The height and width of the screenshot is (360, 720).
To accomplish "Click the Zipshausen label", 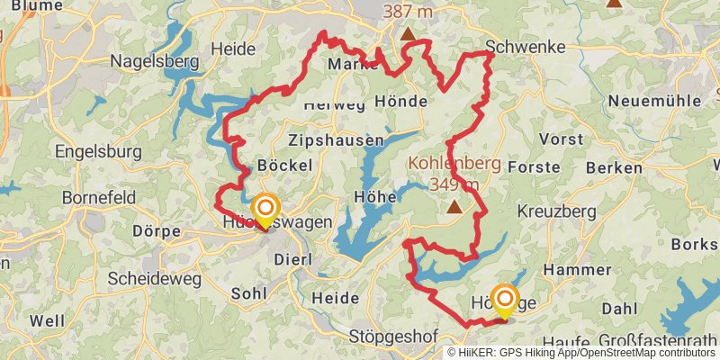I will click(x=336, y=141).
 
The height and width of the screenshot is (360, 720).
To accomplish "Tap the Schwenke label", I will click(x=525, y=47).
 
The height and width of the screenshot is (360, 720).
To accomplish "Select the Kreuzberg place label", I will click(x=557, y=211).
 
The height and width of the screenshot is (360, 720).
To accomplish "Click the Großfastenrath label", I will click(x=649, y=341).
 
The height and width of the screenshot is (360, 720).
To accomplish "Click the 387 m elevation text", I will click(x=407, y=13).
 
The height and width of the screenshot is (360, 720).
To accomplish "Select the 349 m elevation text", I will click(x=454, y=184).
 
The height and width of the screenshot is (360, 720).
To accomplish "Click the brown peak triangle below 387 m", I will click(x=409, y=35).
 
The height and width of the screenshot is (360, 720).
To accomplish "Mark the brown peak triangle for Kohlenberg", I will click(x=455, y=207).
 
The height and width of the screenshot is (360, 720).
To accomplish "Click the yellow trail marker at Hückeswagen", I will click(x=265, y=211).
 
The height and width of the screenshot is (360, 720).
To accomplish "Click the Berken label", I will click(x=614, y=168).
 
